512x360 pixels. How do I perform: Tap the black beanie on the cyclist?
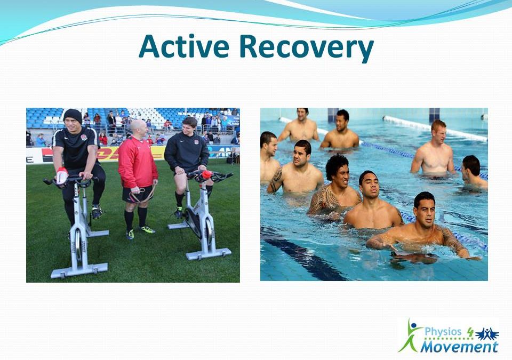click(72, 115)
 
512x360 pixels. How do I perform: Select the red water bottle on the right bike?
click(206, 174)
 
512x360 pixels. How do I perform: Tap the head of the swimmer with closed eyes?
click(367, 184)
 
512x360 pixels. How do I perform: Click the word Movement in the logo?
click(459, 347)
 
